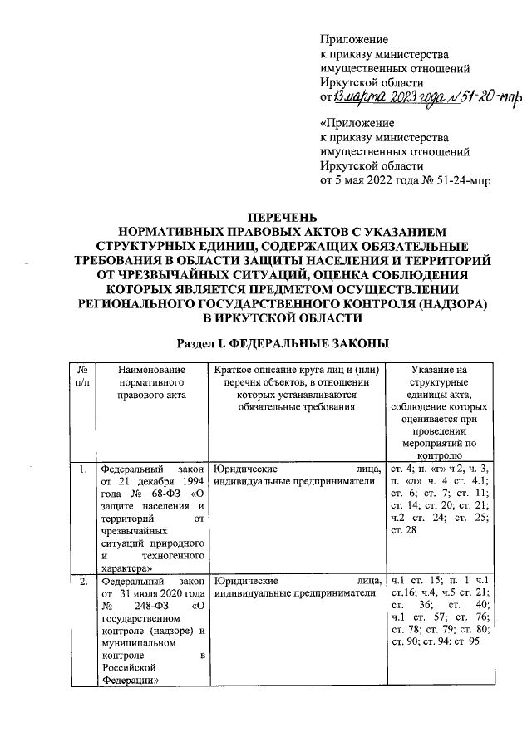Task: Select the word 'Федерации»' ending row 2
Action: tap(126, 679)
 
